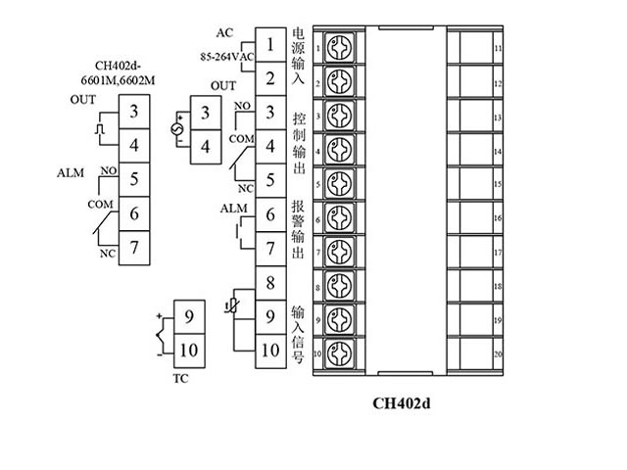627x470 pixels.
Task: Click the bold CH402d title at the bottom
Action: pos(402,401)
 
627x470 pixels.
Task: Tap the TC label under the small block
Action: pos(179,376)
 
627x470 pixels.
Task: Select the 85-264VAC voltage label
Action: pos(227,56)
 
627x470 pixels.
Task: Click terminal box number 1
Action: pos(269,44)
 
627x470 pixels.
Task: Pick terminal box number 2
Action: pos(269,78)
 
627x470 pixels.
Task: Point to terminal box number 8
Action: pos(269,284)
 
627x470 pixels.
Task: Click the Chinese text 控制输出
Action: pos(299,147)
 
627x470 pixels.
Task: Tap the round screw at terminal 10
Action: pos(338,352)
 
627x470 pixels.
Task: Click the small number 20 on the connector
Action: pos(498,354)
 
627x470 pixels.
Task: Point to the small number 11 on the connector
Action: pos(498,48)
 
